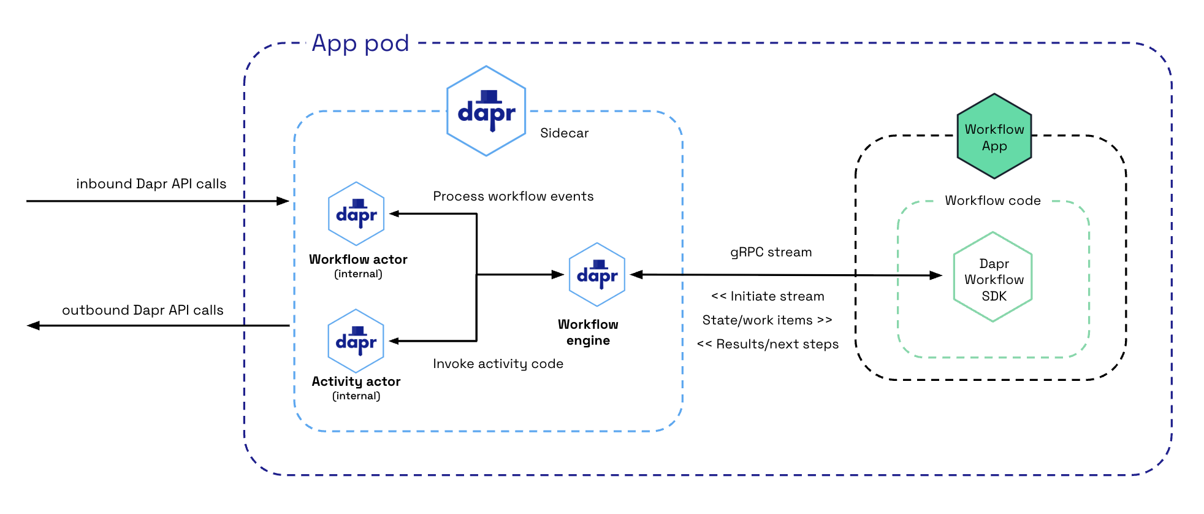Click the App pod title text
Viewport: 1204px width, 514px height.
click(360, 44)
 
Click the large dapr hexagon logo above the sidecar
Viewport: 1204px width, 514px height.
click(486, 111)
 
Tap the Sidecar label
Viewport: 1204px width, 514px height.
click(564, 133)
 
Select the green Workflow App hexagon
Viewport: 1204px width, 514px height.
click(994, 137)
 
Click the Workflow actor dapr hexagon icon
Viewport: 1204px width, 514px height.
click(356, 213)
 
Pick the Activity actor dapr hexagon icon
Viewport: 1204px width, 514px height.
click(356, 341)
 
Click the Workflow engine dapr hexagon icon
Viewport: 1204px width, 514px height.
click(596, 274)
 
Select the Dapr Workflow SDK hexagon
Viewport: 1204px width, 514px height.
click(993, 277)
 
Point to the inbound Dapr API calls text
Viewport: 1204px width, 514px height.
click(151, 184)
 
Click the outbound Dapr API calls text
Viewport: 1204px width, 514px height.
click(142, 310)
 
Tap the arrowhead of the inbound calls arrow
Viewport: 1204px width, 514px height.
click(283, 201)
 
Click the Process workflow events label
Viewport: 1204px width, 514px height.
click(513, 196)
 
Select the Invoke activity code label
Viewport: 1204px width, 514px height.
click(498, 364)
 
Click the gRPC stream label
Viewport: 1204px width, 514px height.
click(771, 252)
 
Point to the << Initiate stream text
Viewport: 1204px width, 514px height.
click(768, 296)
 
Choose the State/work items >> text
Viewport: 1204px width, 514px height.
click(767, 320)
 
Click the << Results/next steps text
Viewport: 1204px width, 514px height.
click(768, 344)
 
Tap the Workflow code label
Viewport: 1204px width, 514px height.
click(993, 201)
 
